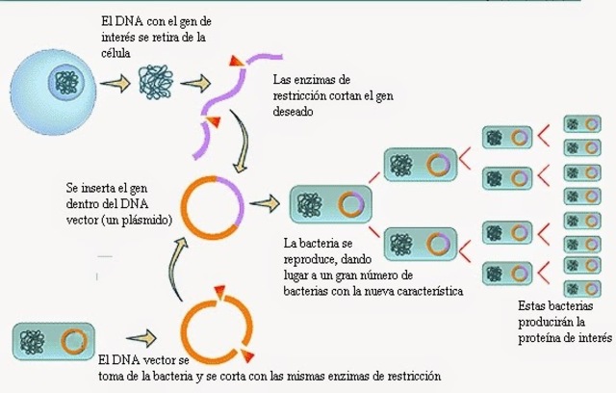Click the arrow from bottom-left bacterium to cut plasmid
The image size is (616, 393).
136,338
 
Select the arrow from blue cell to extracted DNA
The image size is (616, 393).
115,85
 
